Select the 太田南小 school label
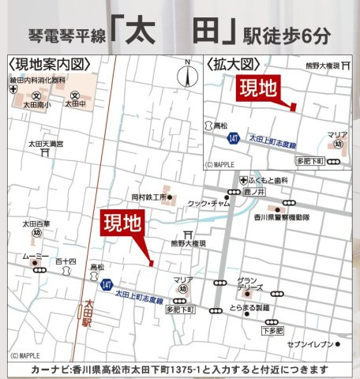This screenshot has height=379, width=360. coord(36,103)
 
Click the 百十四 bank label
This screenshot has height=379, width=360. coord(66,260)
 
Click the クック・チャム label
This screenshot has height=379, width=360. coord(208,204)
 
